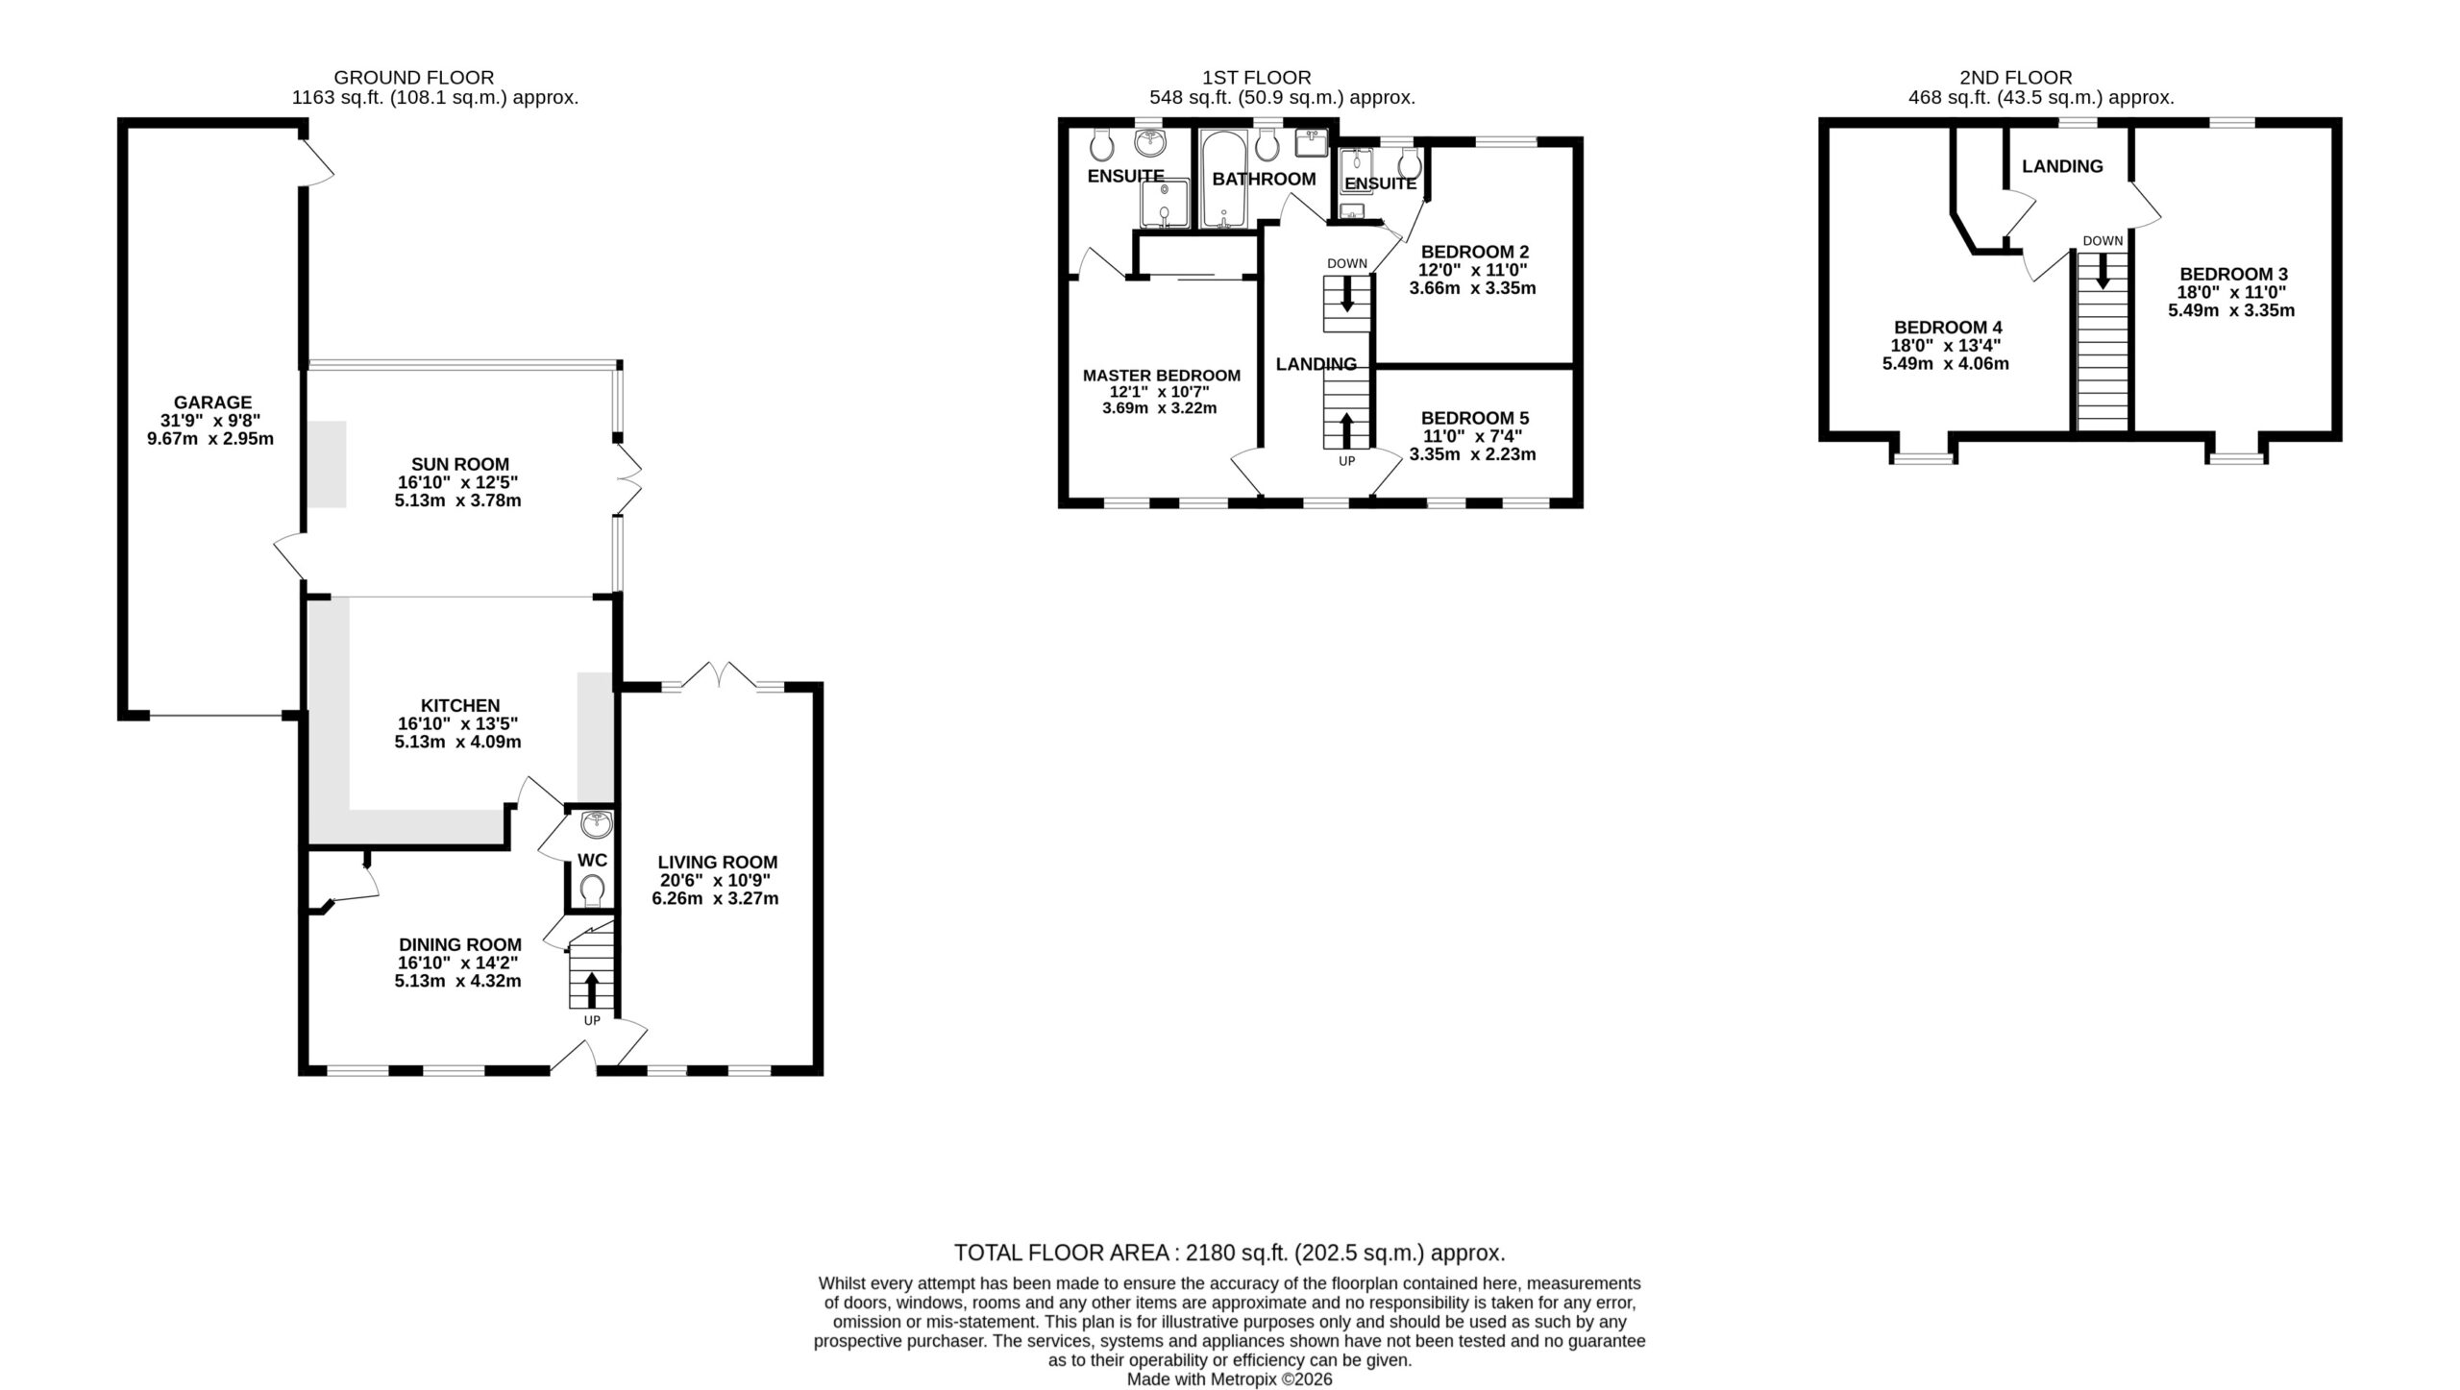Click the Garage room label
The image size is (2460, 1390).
[x=212, y=402]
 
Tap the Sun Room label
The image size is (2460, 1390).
[x=459, y=464]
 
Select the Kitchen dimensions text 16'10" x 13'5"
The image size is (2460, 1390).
[x=459, y=724]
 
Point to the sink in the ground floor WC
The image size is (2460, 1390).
[x=596, y=824]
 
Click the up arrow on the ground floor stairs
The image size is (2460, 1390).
[x=591, y=990]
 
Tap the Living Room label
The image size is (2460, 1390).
[x=718, y=863]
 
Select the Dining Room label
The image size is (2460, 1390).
[x=460, y=945]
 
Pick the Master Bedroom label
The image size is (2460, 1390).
[x=1162, y=376]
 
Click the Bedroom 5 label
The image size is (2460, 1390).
[x=1475, y=418]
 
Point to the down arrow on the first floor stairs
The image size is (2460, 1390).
[x=1346, y=293]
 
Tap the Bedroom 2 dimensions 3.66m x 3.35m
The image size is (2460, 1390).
[x=1473, y=288]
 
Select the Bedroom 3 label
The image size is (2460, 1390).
[x=2233, y=274]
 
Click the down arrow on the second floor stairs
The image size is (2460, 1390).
[x=2103, y=271]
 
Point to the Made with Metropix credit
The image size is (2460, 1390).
[x=1229, y=1379]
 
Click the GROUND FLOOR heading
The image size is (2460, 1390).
[x=414, y=78]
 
